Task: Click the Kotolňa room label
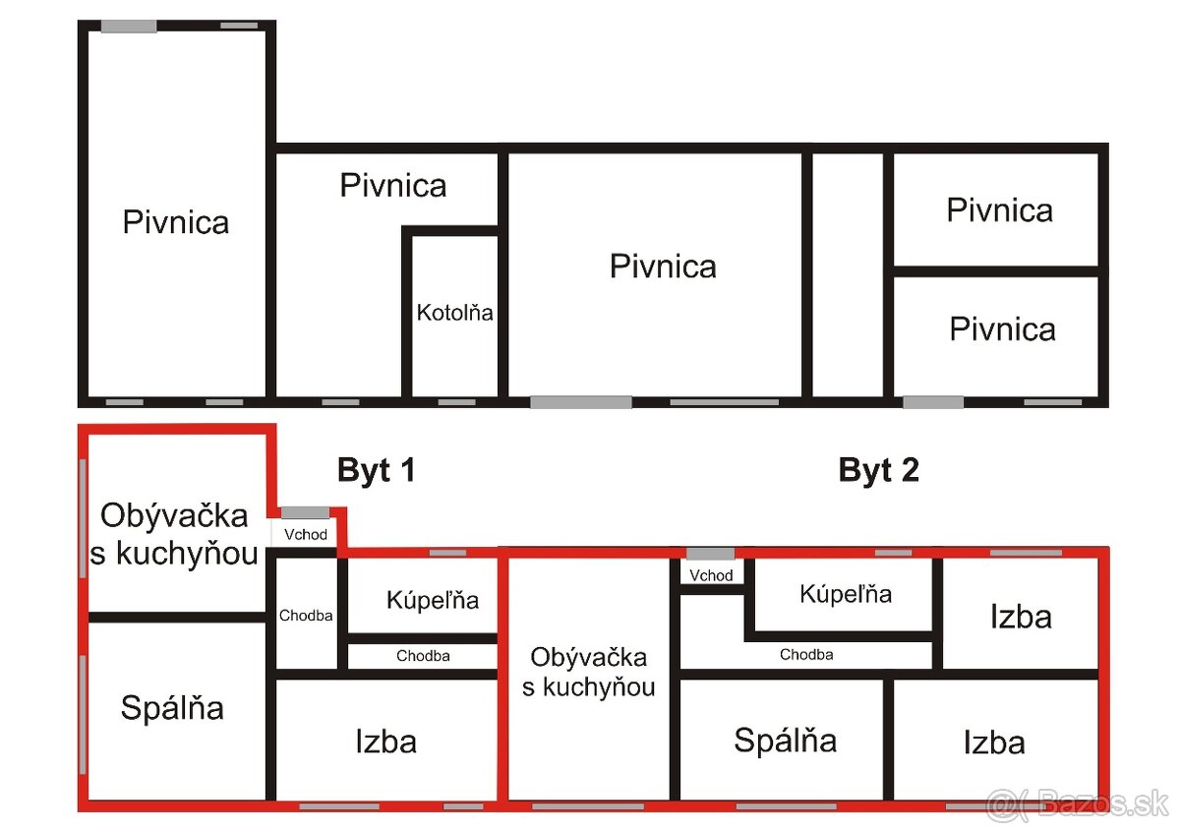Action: click(454, 315)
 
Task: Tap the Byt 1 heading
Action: click(377, 470)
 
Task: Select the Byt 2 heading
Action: click(878, 470)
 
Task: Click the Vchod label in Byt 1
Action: click(306, 535)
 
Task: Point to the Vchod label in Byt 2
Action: click(711, 575)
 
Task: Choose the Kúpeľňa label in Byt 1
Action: click(433, 600)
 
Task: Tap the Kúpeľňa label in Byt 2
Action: click(846, 594)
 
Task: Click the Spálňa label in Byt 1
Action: click(172, 708)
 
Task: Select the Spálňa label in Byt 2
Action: click(785, 741)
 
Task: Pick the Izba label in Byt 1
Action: click(385, 742)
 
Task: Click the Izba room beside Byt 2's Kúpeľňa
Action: click(1021, 617)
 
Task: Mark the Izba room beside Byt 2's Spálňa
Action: click(994, 742)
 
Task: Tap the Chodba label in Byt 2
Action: click(806, 655)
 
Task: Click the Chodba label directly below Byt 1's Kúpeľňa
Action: click(423, 656)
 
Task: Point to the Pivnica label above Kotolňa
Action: click(392, 185)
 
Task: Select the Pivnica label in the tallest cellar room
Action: click(175, 222)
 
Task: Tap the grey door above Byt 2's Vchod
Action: click(710, 554)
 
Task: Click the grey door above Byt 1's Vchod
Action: click(305, 512)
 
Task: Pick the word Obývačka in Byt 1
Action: click(173, 515)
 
